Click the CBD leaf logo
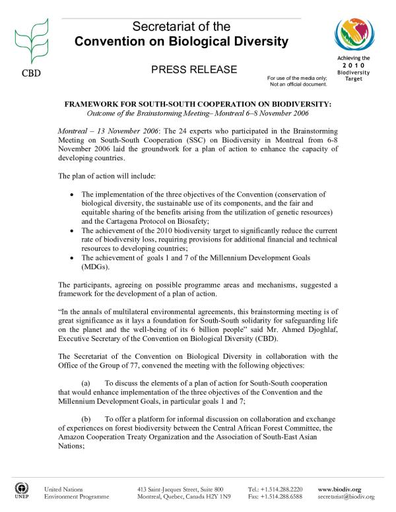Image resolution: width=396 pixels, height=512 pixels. coord(29,36)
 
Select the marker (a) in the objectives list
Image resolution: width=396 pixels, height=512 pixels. coord(86,383)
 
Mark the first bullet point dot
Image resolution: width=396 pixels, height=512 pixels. coord(71,197)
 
